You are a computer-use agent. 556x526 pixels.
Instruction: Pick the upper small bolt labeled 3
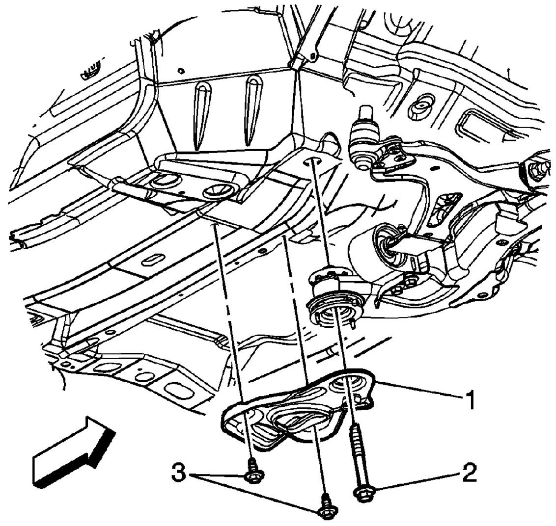click(x=253, y=474)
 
